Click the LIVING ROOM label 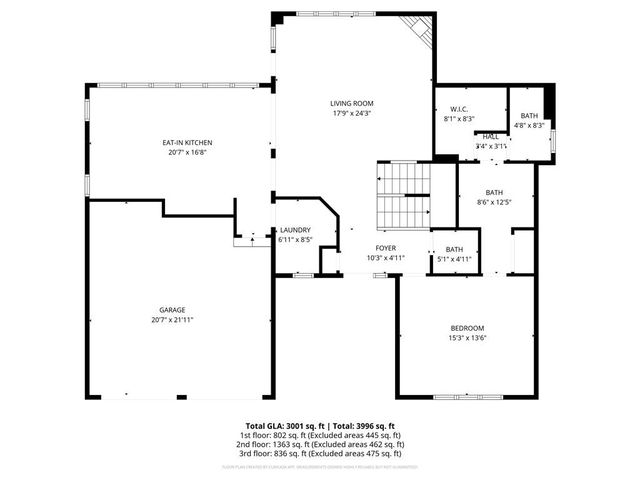[351, 103]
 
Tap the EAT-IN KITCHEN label [188, 143]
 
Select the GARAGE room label [171, 310]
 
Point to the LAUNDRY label [295, 230]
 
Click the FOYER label [386, 248]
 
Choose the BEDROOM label [466, 329]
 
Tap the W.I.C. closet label [459, 109]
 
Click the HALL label [491, 136]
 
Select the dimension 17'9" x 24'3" [351, 113]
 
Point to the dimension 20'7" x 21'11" [171, 320]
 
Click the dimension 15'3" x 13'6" [466, 339]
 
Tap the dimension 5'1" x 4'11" [454, 260]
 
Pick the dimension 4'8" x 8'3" [529, 126]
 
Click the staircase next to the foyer [403, 194]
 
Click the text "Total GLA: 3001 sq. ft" [284, 425]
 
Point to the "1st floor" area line [319, 435]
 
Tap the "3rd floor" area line [319, 454]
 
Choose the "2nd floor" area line [319, 445]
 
